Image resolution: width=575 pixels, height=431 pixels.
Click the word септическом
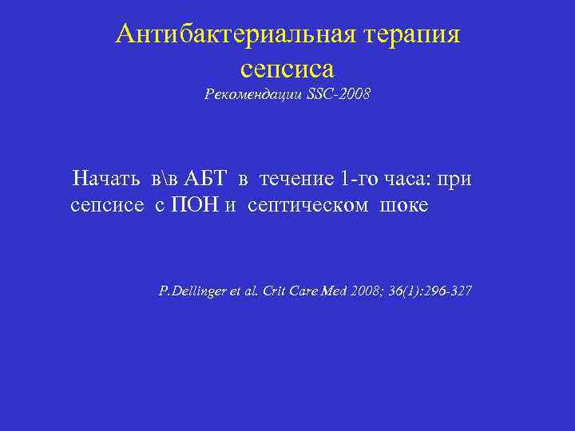click(308, 207)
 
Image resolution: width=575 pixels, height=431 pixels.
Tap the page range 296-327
click(447, 291)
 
